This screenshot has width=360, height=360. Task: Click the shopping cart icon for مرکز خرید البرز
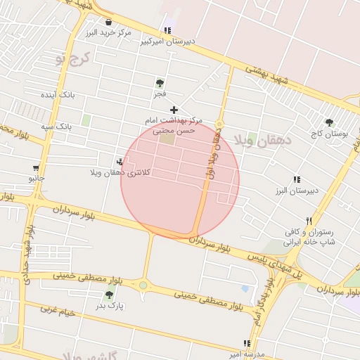coord(108,22)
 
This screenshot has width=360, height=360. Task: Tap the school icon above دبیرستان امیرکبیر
coord(167,30)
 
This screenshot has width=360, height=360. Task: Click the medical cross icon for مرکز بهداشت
coord(174,109)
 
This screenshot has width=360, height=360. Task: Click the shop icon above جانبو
coord(36,168)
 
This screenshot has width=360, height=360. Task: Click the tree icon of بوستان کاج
coord(329,123)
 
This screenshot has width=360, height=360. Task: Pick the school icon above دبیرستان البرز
coord(297,180)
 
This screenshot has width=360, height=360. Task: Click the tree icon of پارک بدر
coord(108,295)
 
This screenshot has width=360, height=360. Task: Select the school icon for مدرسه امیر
coord(246,343)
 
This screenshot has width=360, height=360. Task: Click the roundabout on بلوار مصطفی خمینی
coord(143,285)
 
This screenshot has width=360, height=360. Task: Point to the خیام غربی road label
coord(58,310)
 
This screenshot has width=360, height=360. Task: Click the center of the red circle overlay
coord(180,180)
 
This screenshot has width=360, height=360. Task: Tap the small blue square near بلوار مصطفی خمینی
coord(244,288)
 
